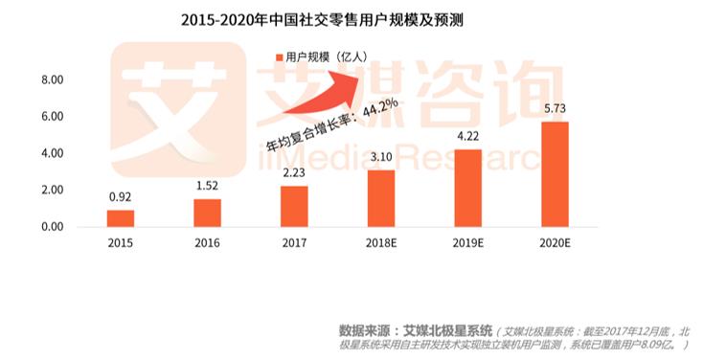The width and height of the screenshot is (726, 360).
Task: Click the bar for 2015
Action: [x=121, y=218]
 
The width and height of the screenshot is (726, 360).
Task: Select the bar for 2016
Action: [x=208, y=213]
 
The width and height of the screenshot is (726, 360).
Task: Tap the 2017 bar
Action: [x=294, y=207]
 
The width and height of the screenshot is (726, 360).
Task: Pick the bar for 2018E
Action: [x=381, y=198]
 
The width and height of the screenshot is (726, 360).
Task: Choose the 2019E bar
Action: [x=467, y=189]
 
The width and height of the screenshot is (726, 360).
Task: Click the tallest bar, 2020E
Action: [x=555, y=174]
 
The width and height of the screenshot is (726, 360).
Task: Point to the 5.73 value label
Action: [x=555, y=109]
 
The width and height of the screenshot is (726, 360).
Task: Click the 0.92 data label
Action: [x=121, y=197]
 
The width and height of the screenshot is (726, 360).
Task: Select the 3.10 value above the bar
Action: [x=381, y=157]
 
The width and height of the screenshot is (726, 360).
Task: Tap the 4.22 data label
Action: [x=467, y=137]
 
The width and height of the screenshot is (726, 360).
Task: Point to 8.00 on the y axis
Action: [x=52, y=80]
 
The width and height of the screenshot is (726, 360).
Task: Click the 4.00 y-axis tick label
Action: [x=52, y=153]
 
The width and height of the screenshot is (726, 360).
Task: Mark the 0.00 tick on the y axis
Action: [x=52, y=227]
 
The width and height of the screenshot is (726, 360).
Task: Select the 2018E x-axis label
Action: [x=381, y=243]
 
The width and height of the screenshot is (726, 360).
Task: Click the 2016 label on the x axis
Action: [x=208, y=243]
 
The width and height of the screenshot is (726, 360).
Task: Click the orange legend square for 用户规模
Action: [x=280, y=57]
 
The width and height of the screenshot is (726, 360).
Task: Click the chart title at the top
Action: [x=322, y=20]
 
